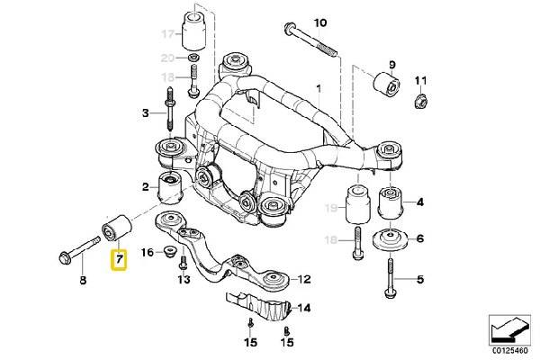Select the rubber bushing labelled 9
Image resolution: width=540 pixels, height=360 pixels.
pos(384,85)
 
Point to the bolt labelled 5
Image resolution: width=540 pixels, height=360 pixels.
pos(391,274)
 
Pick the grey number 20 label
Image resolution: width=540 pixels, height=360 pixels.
pos(166,58)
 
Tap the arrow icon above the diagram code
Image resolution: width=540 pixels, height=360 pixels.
pos(509,328)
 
